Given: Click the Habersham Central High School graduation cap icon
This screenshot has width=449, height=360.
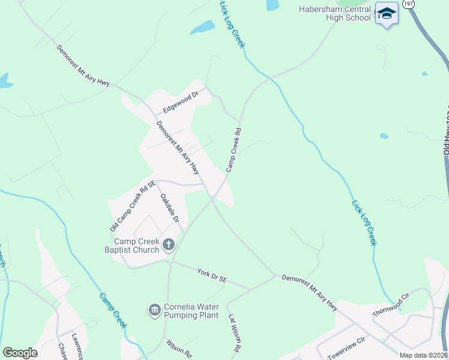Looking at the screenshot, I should coord(387,14).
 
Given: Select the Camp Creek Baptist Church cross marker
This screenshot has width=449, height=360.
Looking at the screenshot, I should coord(169,245).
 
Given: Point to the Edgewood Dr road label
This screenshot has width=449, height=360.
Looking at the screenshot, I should coord(180,103).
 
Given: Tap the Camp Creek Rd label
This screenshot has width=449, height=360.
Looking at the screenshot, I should coord(234,150).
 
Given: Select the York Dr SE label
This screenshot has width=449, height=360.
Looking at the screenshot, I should coord(212,276).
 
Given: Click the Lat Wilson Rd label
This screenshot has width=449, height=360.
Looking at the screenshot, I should coord(234,333).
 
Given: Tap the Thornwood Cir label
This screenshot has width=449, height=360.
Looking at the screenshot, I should coord(391,305).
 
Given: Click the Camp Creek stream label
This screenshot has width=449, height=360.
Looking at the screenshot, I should coord(113,310).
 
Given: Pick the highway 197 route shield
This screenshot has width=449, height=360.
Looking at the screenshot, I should coord(409,4).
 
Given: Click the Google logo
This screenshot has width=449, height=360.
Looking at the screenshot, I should coord(20,352).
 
